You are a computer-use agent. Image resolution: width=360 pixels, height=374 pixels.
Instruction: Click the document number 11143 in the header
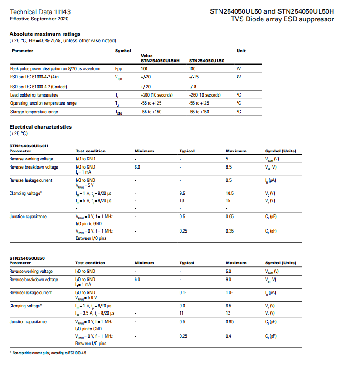[x=63, y=11]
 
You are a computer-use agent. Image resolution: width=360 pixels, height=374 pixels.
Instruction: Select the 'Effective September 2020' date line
[x=39, y=19]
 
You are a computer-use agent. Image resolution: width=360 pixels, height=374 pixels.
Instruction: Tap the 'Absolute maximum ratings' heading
[x=45, y=34]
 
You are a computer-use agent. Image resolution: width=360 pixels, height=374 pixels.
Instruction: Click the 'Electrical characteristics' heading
[x=40, y=127]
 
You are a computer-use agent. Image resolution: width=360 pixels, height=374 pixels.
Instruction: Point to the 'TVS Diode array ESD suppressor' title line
[x=282, y=19]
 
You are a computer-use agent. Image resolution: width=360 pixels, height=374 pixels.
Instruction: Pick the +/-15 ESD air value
[x=194, y=77]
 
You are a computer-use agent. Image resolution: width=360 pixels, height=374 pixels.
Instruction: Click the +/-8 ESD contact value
[x=193, y=87]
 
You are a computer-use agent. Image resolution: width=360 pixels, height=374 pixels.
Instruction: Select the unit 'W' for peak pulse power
[x=238, y=68]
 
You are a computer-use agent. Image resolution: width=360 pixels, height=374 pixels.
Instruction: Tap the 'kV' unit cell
[x=239, y=77]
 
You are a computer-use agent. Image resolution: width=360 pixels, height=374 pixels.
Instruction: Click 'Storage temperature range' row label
[x=34, y=112]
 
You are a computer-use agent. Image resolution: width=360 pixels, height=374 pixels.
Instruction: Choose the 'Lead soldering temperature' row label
[x=34, y=95]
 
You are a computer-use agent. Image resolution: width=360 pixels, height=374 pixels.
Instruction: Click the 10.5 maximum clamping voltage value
[x=230, y=194]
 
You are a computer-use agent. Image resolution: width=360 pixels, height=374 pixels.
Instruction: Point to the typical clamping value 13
[x=182, y=200]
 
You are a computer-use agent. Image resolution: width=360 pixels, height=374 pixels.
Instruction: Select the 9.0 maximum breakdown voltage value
[x=229, y=280]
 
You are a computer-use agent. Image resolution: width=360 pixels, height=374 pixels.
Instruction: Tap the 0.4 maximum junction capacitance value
[x=229, y=336]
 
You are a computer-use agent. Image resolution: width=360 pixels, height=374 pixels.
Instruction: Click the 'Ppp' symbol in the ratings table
[x=119, y=68]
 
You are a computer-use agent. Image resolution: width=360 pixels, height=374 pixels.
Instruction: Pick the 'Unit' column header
[x=241, y=51]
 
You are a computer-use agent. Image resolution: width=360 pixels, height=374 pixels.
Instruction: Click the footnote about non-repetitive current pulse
[x=49, y=352]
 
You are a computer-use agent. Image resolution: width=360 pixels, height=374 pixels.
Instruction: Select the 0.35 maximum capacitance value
[x=230, y=231]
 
